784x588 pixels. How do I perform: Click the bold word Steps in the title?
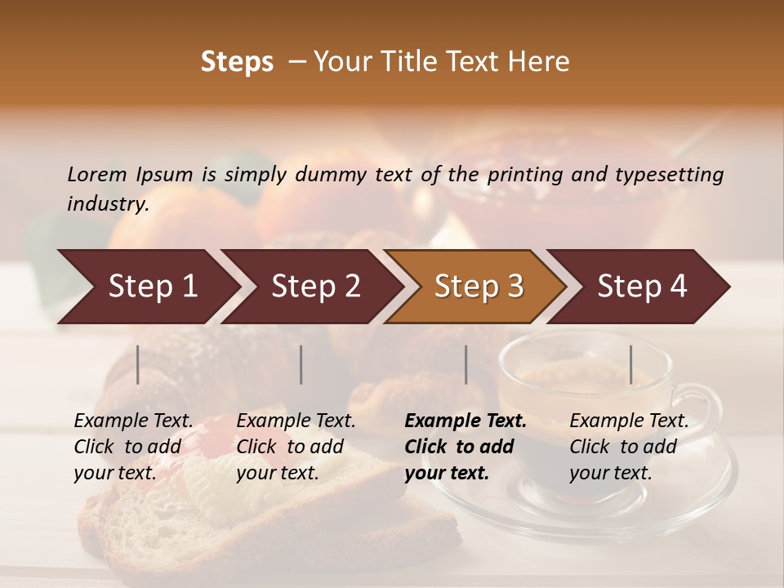(237, 62)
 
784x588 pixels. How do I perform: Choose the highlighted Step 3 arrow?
(479, 287)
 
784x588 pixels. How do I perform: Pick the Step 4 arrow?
(642, 287)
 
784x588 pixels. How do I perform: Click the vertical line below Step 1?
(138, 364)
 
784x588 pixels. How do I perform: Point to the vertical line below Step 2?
(301, 364)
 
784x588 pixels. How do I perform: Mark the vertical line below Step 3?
(465, 364)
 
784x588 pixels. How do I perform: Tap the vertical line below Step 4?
(630, 364)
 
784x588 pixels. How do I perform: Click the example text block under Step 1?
(133, 447)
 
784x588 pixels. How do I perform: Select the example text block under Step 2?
(296, 447)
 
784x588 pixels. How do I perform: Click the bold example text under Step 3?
(465, 447)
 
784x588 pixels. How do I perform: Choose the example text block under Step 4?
(629, 447)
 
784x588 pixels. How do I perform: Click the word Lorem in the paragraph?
(97, 175)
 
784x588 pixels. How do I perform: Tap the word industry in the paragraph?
(108, 204)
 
